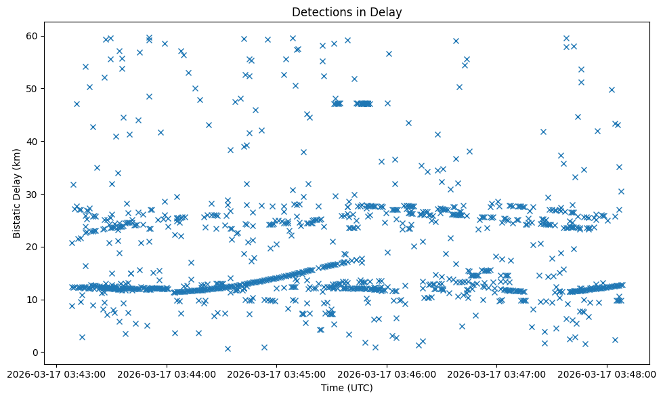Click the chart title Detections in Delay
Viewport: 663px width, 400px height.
347,12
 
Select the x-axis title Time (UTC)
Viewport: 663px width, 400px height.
347,388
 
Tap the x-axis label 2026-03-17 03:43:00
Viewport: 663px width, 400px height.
58,374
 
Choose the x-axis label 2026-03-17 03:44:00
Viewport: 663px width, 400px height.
167,374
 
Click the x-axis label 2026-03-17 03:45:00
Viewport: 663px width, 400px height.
277,374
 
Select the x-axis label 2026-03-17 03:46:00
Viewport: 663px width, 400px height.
387,374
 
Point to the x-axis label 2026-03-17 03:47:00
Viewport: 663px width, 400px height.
497,374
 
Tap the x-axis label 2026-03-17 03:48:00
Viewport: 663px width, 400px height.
607,374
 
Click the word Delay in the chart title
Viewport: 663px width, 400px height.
388,12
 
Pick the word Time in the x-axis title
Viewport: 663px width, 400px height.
332,388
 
